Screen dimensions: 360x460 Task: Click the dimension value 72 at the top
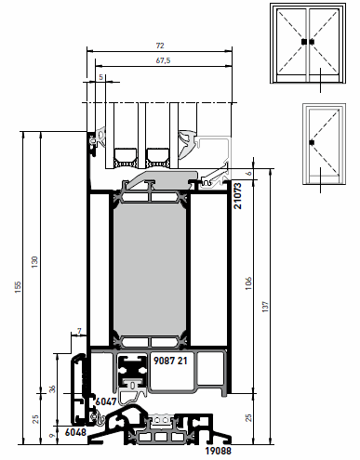click(160, 46)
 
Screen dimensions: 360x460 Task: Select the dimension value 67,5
click(163, 60)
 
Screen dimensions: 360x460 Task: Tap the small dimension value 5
click(100, 77)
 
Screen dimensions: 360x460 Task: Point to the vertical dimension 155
click(18, 287)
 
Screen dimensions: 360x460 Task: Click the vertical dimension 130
click(35, 262)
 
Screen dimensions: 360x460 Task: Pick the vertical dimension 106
click(248, 283)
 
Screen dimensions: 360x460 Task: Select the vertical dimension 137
click(265, 307)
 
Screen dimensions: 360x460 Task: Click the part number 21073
click(238, 196)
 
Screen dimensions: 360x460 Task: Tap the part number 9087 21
click(170, 361)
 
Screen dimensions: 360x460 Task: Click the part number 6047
click(106, 401)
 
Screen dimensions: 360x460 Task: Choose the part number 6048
click(75, 432)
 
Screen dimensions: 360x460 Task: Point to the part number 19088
click(219, 451)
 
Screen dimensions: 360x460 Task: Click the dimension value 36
click(52, 388)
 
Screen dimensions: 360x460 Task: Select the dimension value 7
click(79, 332)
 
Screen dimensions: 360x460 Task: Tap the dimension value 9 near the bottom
click(52, 436)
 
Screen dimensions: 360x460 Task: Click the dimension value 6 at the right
click(249, 174)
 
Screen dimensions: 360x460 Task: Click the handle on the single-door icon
click(312, 142)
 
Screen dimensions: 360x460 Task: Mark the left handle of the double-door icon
click(304, 42)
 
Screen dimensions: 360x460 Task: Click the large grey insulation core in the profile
click(150, 269)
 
